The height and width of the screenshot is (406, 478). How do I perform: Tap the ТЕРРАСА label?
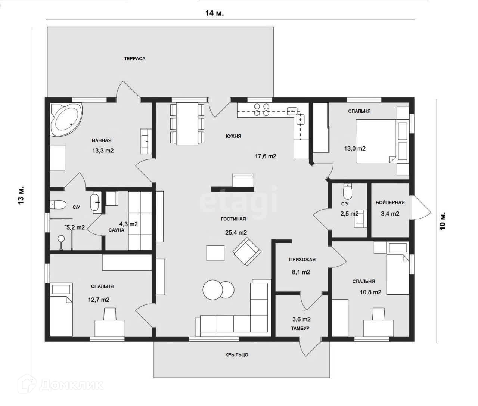pos(135,58)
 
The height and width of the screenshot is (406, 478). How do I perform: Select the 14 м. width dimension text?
pos(214,13)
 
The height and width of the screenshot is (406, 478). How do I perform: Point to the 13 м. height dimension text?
pos(21,195)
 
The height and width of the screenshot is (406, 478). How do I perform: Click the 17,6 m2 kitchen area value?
pos(266,156)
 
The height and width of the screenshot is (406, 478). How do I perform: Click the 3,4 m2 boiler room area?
pos(390,214)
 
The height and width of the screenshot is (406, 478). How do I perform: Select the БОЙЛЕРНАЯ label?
pos(390,202)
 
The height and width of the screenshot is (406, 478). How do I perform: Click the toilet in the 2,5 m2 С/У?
pos(348,192)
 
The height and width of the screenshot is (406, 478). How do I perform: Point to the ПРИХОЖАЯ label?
pos(302,260)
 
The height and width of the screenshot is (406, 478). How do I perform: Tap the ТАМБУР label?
pos(301,328)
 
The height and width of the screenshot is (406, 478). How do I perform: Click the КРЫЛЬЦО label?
pos(237,355)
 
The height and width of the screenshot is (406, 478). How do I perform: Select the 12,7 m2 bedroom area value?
pos(99,300)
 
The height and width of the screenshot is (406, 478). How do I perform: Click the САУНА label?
pos(117,230)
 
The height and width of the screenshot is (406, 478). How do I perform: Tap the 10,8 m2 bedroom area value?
pos(370,292)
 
